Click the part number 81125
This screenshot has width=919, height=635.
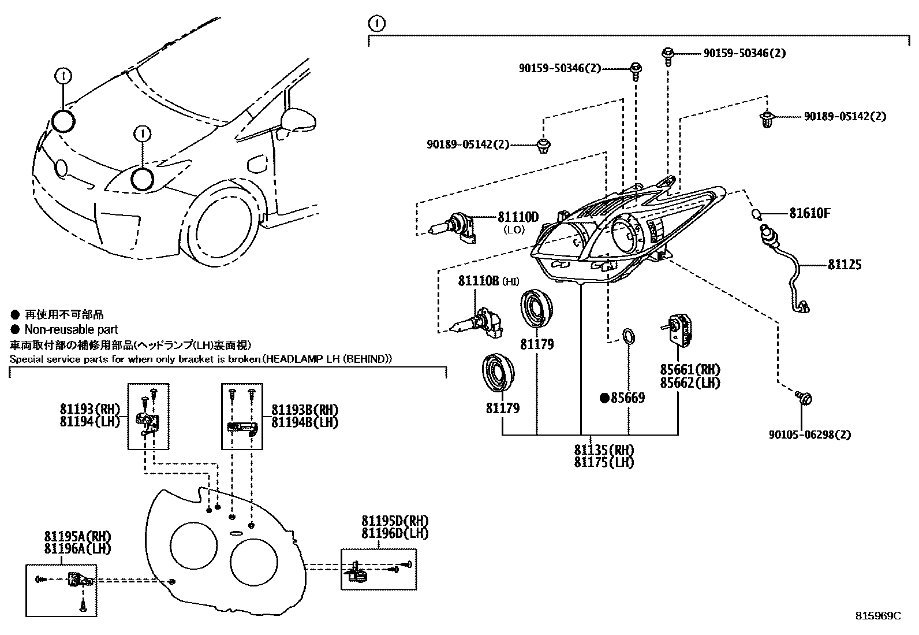844,265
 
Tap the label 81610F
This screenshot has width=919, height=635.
810,213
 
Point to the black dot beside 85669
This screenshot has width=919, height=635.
604,398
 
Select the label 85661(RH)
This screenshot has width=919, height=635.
690,370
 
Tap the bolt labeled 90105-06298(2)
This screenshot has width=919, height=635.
804,398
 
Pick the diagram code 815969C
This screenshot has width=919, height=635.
877,616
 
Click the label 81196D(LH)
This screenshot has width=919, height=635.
395,533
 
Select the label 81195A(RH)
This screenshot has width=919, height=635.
77,536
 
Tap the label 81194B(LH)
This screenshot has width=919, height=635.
304,422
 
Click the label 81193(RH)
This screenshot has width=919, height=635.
89,409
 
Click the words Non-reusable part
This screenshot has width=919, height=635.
71,329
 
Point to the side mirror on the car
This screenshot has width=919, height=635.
297,119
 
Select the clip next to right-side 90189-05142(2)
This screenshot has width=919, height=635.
767,120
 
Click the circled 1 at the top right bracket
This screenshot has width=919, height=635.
376,24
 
